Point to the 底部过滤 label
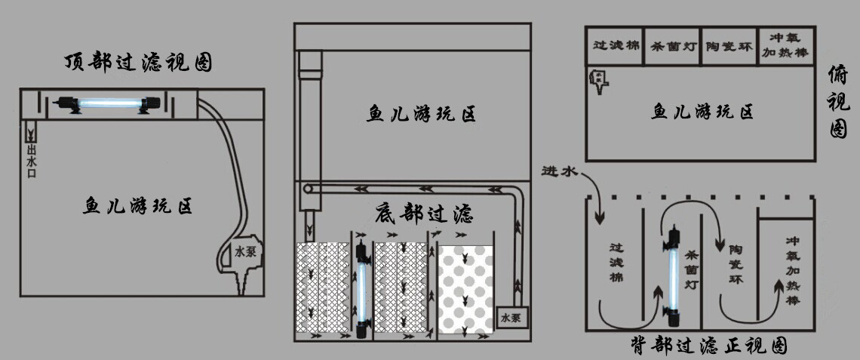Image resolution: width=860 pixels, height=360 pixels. (424, 214)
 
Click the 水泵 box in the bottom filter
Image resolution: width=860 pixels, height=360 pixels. (511, 318)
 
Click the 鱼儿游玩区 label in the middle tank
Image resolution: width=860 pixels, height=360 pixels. (422, 115)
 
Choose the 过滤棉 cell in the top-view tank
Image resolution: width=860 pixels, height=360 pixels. (616, 45)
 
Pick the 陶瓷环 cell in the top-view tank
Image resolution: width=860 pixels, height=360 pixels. (727, 45)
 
